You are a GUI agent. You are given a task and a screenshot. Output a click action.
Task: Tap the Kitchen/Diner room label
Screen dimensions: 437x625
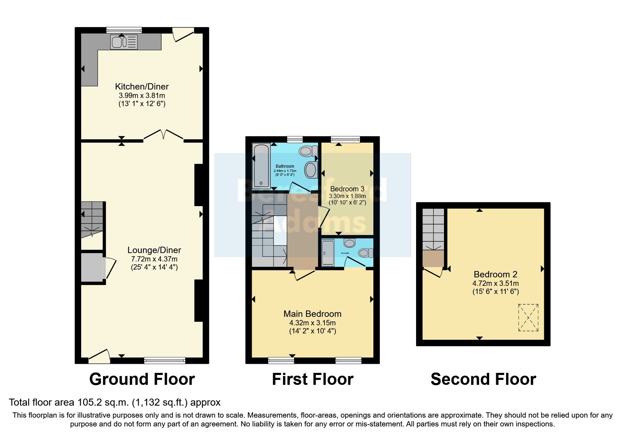click(x=142, y=86)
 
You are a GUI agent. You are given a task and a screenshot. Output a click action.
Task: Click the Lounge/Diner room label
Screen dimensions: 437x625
click(x=154, y=250)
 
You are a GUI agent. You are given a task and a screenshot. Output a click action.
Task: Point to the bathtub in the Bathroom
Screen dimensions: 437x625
click(x=262, y=165)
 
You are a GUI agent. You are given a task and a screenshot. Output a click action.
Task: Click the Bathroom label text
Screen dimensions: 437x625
click(x=284, y=166)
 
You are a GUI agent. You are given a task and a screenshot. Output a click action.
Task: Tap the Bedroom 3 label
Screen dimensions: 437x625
click(x=347, y=189)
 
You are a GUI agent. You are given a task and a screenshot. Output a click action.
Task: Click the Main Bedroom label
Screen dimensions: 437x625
click(x=312, y=314)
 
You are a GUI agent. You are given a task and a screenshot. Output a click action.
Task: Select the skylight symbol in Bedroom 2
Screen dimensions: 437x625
click(x=528, y=318)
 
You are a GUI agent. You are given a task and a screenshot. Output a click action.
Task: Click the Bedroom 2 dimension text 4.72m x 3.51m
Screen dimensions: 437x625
click(x=495, y=283)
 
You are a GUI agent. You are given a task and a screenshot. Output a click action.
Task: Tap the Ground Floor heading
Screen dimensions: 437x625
click(x=142, y=380)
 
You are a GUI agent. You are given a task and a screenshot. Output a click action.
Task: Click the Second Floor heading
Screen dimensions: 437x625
click(x=483, y=380)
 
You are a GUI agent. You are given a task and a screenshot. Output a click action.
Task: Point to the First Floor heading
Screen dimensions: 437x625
click(x=312, y=380)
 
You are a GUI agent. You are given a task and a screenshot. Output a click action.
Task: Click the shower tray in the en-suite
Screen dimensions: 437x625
click(x=328, y=253)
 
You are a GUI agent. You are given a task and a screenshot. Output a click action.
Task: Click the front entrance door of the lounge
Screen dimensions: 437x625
click(x=99, y=356)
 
